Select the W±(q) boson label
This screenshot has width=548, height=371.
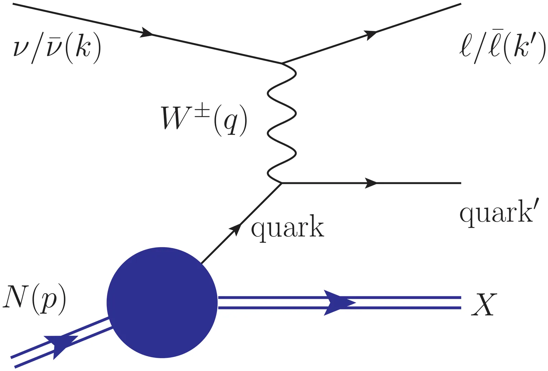[x=204, y=120]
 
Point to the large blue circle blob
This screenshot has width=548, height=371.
[x=162, y=302]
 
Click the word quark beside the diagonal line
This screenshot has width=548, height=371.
[x=287, y=228]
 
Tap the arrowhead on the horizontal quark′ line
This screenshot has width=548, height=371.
[x=371, y=183]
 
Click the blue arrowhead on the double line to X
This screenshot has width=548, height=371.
[x=339, y=303]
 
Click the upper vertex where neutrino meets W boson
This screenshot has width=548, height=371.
[x=282, y=63]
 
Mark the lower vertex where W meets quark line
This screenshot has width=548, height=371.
[x=282, y=183]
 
